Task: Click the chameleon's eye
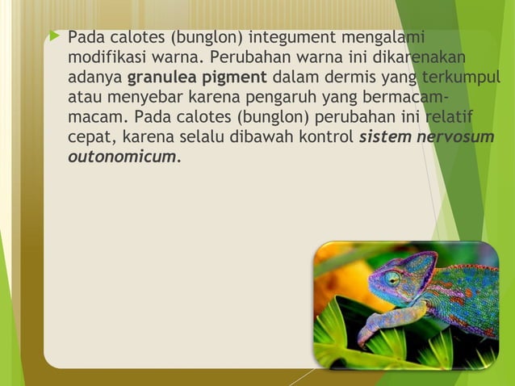393,277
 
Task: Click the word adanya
95,78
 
